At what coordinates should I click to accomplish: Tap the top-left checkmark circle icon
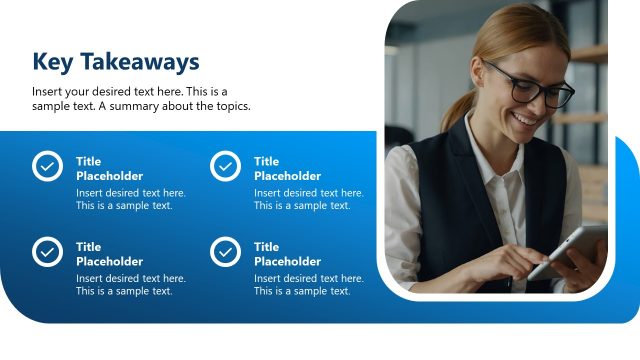coord(47,166)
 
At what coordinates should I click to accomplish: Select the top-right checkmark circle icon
coord(225,166)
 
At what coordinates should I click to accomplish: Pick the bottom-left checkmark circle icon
coord(47,251)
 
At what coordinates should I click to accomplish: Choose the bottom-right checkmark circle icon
coord(225,251)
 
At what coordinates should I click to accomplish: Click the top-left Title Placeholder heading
coord(109,168)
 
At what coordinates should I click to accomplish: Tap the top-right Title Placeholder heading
coord(287,168)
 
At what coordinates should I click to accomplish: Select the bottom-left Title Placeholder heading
coord(109,254)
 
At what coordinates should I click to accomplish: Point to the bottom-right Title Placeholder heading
coord(287,254)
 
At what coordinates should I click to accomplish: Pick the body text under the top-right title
coord(308,199)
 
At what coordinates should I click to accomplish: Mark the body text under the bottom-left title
coord(130,285)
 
